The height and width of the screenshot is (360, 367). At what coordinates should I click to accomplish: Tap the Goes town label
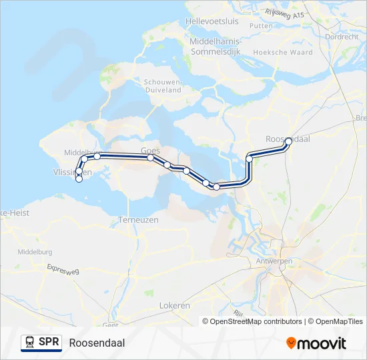pyautogui.click(x=149, y=151)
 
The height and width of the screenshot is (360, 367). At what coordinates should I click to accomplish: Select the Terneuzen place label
pyautogui.click(x=137, y=219)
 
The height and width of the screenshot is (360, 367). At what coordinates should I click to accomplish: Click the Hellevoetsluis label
pyautogui.click(x=212, y=21)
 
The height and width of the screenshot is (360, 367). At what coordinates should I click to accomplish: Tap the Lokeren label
pyautogui.click(x=175, y=305)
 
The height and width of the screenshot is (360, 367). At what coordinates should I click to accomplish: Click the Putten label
pyautogui.click(x=262, y=25)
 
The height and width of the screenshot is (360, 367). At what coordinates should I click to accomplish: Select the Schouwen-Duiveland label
pyautogui.click(x=163, y=85)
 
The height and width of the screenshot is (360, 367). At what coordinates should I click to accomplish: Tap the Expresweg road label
pyautogui.click(x=63, y=268)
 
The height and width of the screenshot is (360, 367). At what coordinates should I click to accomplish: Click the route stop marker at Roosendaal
pyautogui.click(x=288, y=141)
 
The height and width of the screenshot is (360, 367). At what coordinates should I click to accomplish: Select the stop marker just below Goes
pyautogui.click(x=151, y=158)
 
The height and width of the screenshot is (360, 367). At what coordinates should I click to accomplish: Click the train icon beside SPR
pyautogui.click(x=29, y=343)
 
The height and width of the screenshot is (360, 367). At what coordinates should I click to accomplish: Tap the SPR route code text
pyautogui.click(x=48, y=343)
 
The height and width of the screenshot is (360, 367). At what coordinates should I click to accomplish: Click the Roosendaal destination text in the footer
pyautogui.click(x=97, y=343)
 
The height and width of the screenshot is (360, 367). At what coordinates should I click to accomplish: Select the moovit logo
pyautogui.click(x=316, y=343)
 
